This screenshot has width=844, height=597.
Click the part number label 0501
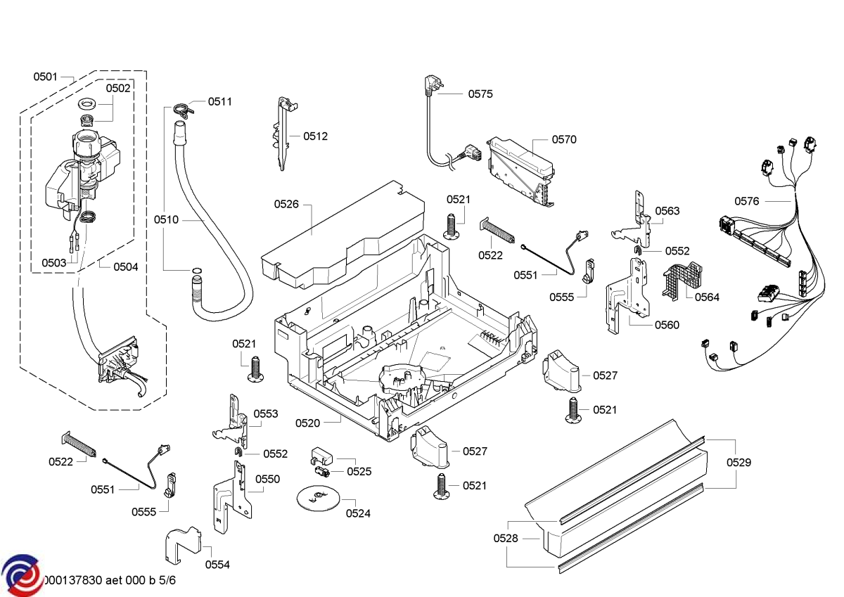[x=46, y=77]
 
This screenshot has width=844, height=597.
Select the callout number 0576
[x=747, y=201]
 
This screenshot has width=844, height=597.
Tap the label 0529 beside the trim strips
[x=738, y=463]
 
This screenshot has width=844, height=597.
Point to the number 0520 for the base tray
[x=307, y=423]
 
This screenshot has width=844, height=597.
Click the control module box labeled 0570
[x=520, y=167]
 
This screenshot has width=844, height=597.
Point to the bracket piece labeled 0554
[x=182, y=542]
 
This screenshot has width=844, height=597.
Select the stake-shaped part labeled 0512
[x=283, y=134]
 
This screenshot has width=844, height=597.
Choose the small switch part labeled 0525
[x=321, y=463]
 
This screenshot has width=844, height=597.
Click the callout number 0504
[x=126, y=267]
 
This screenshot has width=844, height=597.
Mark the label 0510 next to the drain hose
[x=167, y=220]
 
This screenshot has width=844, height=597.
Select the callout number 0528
[x=506, y=538]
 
